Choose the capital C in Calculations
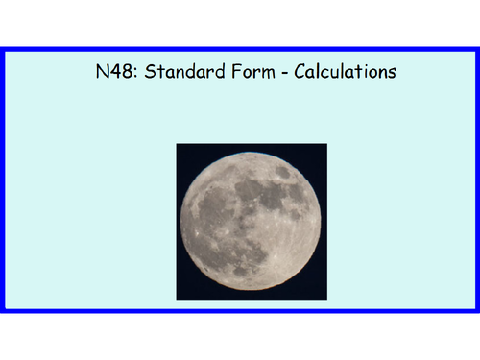[x=299, y=73]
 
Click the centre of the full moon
[x=252, y=222]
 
